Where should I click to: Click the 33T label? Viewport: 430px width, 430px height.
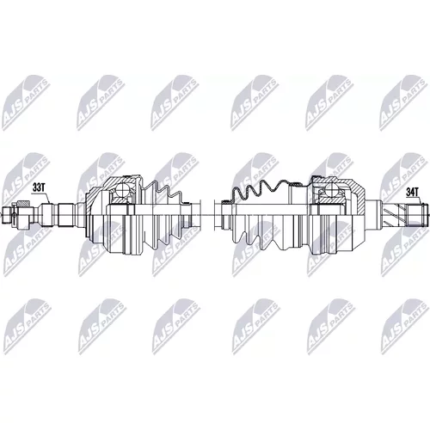pos(39,187)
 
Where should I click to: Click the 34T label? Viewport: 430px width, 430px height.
pos(413,193)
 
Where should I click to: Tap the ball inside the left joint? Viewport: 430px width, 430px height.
pos(124,188)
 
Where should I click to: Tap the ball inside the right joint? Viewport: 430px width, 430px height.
pos(333,189)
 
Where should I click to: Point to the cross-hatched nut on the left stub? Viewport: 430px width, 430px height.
pos(23,204)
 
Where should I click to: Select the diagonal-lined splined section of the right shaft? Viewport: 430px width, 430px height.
pos(395,214)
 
